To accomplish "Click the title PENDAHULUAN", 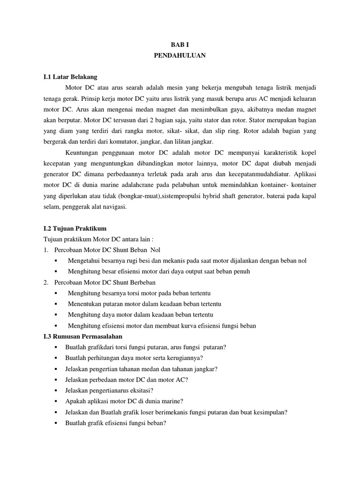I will pos(180,56).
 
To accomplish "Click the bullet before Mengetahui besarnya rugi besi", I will pos(56,261).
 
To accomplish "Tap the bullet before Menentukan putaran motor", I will pos(56,304).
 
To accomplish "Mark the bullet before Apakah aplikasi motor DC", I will pos(56,401).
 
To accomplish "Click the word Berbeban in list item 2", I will pos(141,283).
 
